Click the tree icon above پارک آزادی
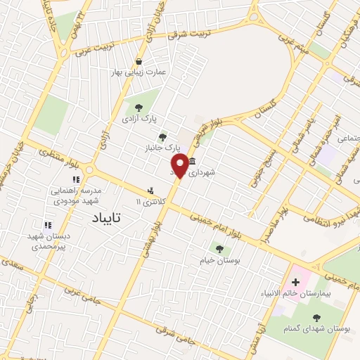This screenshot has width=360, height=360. point(139,108)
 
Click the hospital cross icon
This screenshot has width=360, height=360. point(295,283)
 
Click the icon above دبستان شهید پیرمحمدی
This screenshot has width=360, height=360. point(48,226)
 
